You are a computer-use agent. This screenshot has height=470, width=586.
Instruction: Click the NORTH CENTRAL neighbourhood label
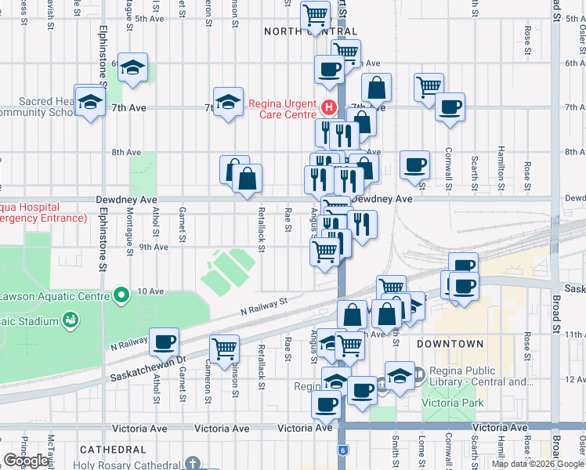click(305, 31)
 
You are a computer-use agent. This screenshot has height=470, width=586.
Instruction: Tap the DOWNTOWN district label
click(450, 344)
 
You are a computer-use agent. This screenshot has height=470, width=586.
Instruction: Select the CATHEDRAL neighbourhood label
click(111, 450)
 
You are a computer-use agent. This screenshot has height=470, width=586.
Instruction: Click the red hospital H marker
click(329, 107)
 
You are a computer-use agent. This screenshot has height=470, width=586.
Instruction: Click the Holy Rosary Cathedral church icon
click(194, 462)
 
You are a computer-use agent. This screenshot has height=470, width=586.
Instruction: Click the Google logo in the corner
click(26, 461)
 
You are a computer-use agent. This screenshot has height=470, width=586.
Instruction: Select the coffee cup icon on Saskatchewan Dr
click(165, 342)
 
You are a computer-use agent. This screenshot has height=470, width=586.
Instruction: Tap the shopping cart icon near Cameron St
click(224, 349)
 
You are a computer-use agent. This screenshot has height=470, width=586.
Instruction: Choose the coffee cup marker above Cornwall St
click(450, 107)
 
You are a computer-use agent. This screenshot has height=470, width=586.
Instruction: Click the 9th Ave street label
click(154, 247)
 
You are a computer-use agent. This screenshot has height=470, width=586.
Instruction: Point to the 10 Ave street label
click(150, 291)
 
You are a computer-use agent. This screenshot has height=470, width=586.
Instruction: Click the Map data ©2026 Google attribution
click(537, 464)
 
